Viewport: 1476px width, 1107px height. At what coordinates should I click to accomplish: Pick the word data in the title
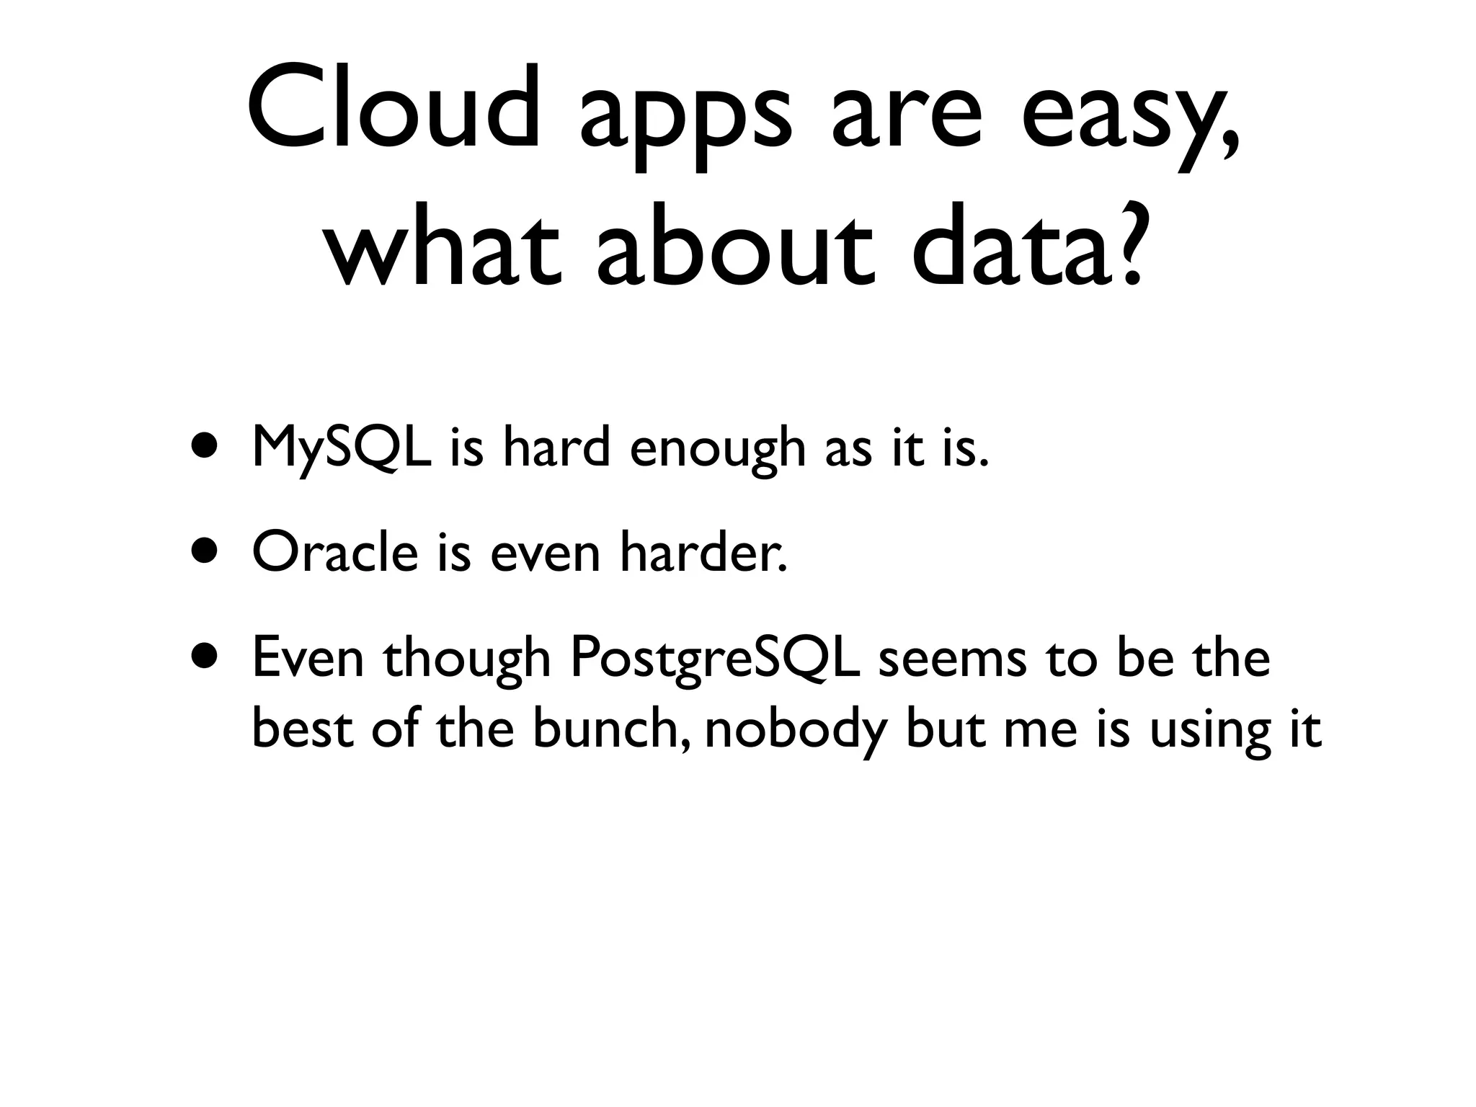point(1009,245)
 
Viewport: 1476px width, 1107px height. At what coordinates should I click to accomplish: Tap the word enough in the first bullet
point(717,450)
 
